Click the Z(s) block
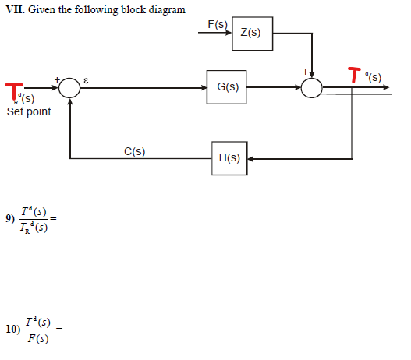[251, 33]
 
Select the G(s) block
[228, 86]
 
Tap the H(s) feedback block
[229, 157]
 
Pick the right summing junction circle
[312, 88]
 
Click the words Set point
[29, 111]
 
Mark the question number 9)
[10, 219]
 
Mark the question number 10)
[12, 329]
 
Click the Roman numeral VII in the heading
[13, 9]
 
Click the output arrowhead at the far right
[385, 88]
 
